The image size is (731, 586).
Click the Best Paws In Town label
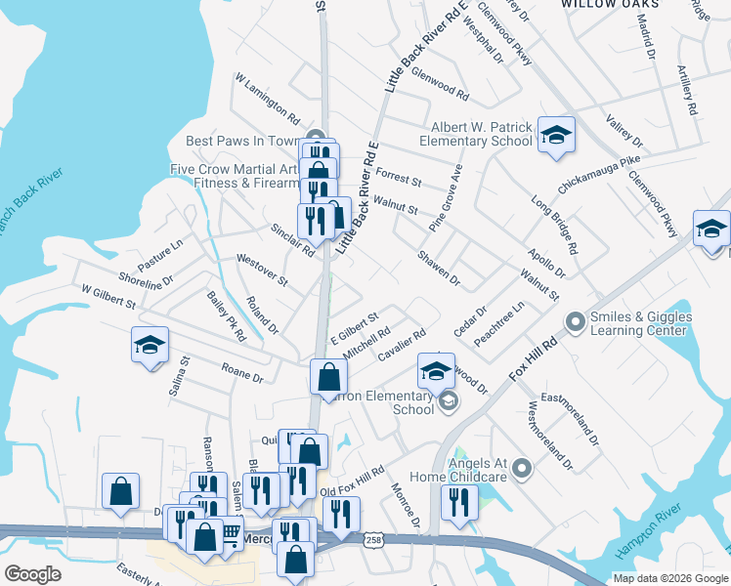tap(242, 141)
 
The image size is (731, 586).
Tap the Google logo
tap(33, 573)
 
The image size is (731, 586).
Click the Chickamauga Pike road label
tap(599, 172)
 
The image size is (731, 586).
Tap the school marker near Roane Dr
tap(150, 346)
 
